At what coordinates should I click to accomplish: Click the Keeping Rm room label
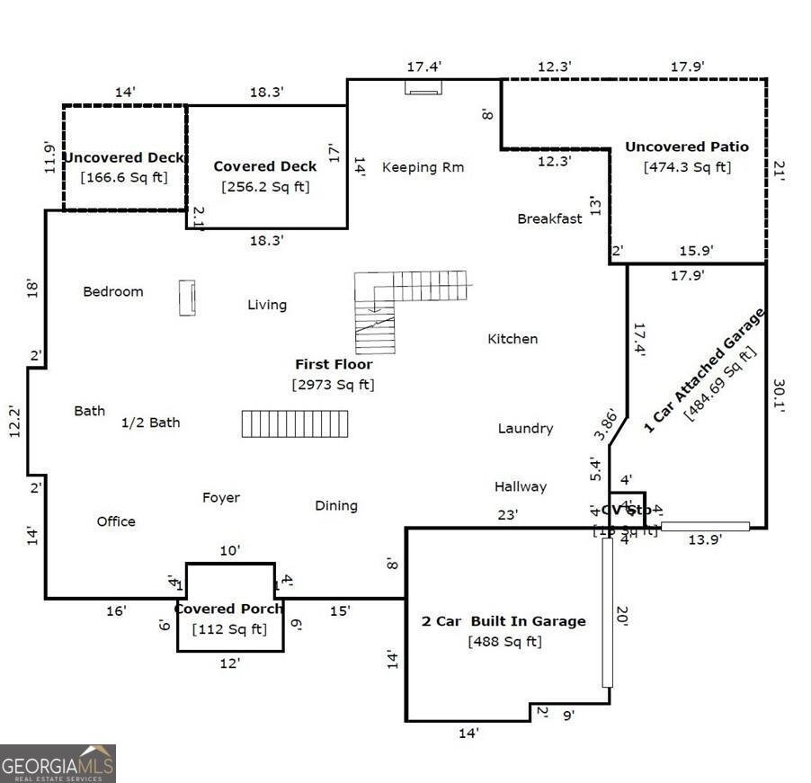tap(422, 167)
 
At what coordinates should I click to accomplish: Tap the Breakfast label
tap(549, 218)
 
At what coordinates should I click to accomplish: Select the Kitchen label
tap(512, 339)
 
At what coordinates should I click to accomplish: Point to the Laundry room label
tap(525, 429)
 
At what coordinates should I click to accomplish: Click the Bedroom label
tap(113, 291)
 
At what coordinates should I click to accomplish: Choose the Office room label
tap(116, 521)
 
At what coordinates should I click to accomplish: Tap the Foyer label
tap(221, 497)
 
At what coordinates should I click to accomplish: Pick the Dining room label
tap(336, 505)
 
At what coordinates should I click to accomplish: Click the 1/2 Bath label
tap(151, 423)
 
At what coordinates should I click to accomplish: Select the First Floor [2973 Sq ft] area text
tap(333, 384)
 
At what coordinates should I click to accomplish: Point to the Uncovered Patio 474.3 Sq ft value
tap(687, 167)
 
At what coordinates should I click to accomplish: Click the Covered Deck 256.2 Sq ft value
tap(264, 187)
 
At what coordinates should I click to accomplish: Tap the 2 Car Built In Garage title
tap(504, 621)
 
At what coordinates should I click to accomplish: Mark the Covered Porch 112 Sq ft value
tap(229, 629)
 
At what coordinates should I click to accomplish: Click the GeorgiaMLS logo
tap(58, 764)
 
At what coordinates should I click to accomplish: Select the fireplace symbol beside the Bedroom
tap(187, 298)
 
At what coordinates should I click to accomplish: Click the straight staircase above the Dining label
tap(295, 423)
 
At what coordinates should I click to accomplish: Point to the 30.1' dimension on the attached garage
tap(779, 394)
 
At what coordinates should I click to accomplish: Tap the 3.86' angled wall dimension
tap(607, 424)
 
